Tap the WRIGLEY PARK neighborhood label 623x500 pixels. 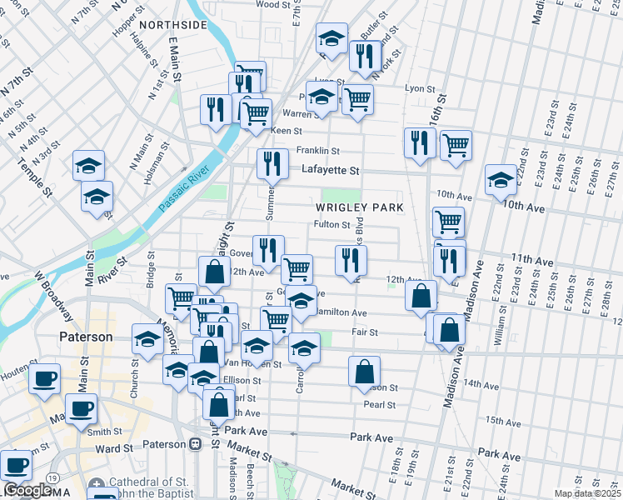359,207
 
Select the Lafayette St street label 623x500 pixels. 330,170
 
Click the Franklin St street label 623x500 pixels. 319,151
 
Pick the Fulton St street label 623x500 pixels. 331,224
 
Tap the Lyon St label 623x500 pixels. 420,88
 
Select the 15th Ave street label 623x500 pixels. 503,422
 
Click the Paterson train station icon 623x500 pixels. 195,443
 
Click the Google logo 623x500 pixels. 27,490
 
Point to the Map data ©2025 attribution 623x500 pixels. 587,493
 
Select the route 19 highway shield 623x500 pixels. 52,478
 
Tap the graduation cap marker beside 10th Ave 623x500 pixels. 501,179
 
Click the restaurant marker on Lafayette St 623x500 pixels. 272,163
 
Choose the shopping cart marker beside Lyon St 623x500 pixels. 357,99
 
